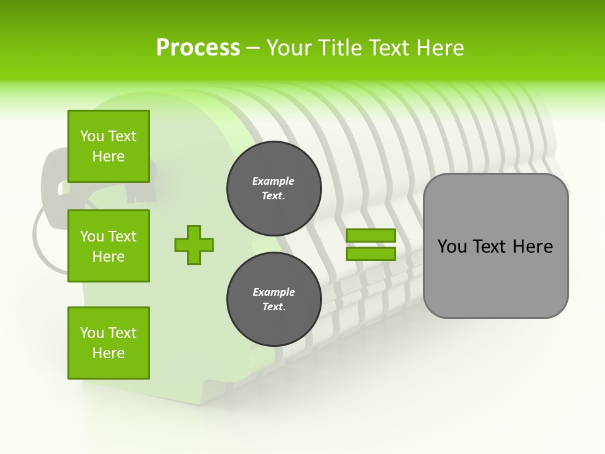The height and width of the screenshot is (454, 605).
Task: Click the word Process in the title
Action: tap(198, 47)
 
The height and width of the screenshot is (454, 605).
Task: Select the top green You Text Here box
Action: tap(108, 146)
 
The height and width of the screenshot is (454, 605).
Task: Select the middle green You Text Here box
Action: tap(108, 246)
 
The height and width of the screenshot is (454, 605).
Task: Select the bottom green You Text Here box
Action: tap(108, 343)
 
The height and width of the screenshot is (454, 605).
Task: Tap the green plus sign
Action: tap(194, 245)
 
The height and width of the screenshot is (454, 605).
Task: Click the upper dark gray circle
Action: tap(274, 189)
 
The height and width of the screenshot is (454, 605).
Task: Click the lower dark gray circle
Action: tap(274, 300)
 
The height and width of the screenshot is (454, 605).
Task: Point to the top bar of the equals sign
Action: tap(371, 235)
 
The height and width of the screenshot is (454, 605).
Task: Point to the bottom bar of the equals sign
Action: tap(371, 254)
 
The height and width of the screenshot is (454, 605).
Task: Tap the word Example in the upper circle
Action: tap(273, 181)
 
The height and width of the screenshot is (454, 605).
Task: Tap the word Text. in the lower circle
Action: tap(274, 307)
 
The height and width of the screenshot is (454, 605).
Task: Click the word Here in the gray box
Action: tap(533, 247)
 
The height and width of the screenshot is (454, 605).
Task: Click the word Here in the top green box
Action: tap(108, 156)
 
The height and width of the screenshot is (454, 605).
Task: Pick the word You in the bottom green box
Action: tap(92, 333)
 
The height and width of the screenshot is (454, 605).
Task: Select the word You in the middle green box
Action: tap(92, 236)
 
